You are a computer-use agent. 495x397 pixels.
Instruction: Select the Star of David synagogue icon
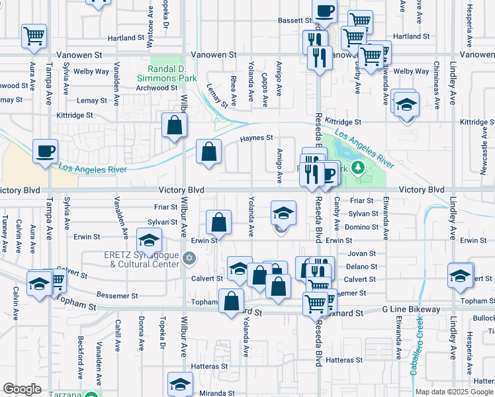189,257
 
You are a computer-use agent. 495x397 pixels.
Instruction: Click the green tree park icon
359,167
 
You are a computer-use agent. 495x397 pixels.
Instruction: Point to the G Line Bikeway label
411,310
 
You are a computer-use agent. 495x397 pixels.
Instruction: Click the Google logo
22,389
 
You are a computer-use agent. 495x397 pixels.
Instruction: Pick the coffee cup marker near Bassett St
324,11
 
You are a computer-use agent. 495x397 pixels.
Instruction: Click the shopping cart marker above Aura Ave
34,36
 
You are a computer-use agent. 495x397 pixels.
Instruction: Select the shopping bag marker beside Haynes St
208,152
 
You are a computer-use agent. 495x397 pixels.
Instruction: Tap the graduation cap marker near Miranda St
180,384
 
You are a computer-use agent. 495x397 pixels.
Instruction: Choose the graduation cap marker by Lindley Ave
461,275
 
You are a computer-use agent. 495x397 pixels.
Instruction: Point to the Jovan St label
362,253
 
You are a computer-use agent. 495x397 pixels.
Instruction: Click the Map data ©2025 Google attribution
453,392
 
